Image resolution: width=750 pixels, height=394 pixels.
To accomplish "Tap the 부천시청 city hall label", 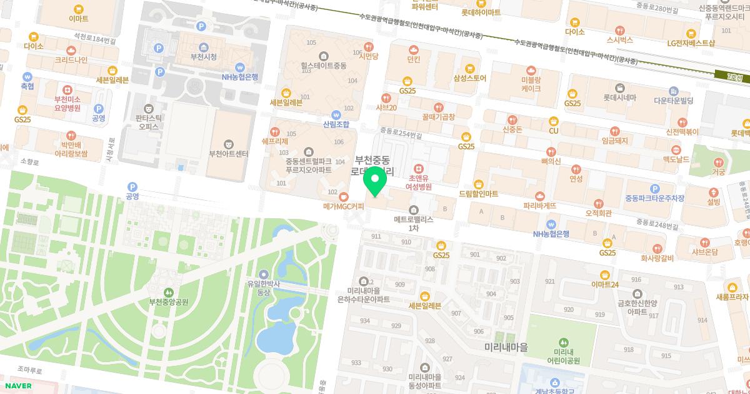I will pos(203,57).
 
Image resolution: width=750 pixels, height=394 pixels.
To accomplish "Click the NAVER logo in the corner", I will pos(18,385).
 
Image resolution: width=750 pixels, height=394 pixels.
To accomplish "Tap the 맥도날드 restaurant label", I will pos(675,160).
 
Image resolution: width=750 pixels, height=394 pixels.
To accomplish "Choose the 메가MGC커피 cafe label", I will pos(343,206).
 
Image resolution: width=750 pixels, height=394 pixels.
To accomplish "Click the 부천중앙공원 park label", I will pos(168,301).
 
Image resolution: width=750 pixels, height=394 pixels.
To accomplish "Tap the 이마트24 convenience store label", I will pos(604,285).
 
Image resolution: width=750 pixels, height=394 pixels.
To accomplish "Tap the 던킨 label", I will pos(413,59).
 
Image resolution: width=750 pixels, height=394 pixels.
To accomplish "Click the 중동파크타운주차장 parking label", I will pos(654,198).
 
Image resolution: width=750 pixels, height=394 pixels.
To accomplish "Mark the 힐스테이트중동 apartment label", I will pos(322,64).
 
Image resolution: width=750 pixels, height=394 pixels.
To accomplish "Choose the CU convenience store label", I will pos(553,130).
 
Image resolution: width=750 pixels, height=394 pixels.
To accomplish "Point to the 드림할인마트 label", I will pos(478,193).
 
